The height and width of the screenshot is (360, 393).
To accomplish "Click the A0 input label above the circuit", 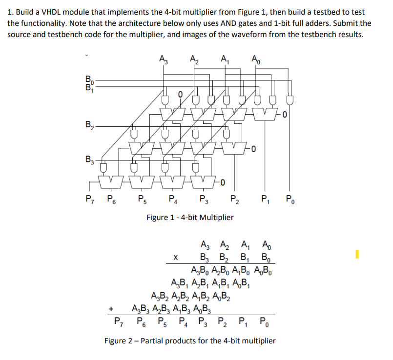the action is click(256, 59).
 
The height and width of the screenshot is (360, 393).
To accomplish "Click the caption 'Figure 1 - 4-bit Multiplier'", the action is click(190, 217).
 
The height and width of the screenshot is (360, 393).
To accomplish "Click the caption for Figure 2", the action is click(190, 340).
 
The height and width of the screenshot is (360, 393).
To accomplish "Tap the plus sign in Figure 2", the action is click(112, 308).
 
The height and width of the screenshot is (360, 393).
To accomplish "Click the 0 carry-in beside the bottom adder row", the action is click(222, 183).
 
